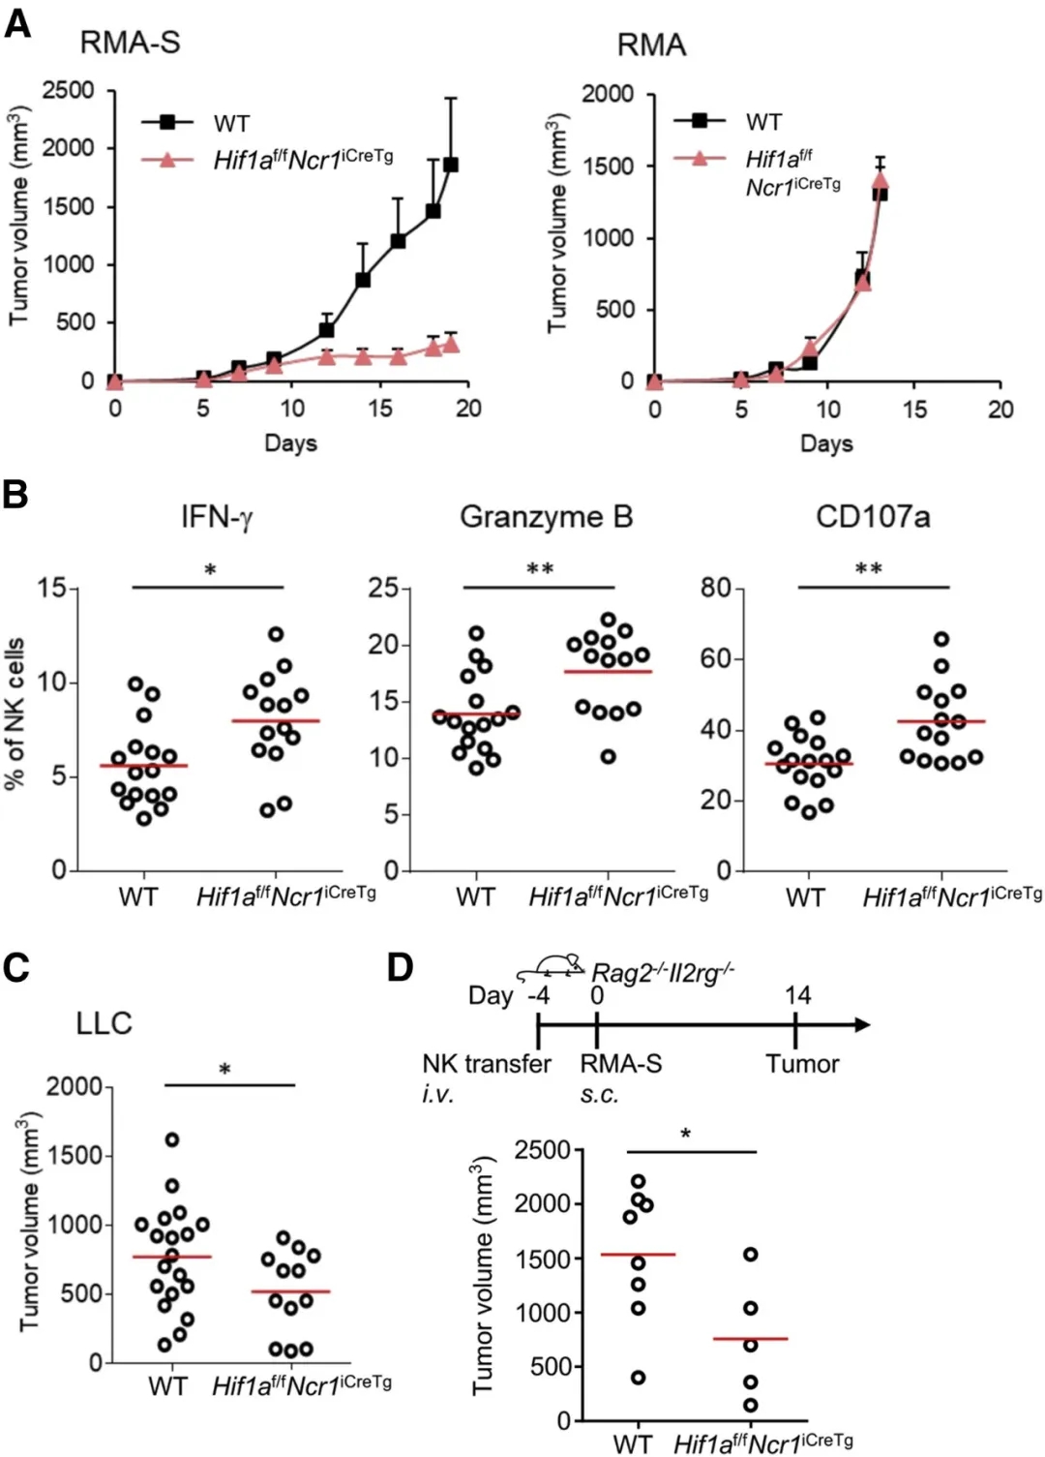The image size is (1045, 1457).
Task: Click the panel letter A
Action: (17, 21)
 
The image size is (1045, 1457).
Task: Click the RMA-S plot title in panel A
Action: (130, 43)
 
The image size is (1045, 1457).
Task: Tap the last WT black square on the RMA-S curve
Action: (451, 165)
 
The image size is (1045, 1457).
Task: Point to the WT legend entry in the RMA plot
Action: (763, 121)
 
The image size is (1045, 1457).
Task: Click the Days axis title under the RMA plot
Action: (826, 443)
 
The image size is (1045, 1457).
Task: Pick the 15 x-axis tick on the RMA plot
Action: (914, 410)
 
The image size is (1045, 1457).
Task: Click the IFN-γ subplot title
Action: (216, 517)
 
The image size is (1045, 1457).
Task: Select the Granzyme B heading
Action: (546, 517)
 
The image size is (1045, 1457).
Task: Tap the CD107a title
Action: (873, 517)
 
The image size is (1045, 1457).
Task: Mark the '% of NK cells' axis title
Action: (16, 714)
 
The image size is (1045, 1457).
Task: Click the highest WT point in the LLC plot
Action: (172, 1139)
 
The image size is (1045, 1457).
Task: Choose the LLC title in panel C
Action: (104, 1023)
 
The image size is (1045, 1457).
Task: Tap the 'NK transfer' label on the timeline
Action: (487, 1064)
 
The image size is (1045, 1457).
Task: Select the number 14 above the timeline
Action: (797, 995)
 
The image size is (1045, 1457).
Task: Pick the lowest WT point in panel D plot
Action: (638, 1378)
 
